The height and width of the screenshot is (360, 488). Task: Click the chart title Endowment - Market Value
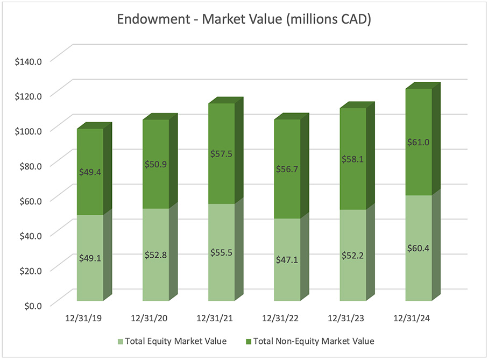click(243, 21)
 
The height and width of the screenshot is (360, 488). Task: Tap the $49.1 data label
click(90, 257)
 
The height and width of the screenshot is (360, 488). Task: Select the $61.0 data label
click(419, 142)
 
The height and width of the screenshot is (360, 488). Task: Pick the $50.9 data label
click(155, 164)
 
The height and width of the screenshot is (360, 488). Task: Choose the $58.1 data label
click(353, 159)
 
